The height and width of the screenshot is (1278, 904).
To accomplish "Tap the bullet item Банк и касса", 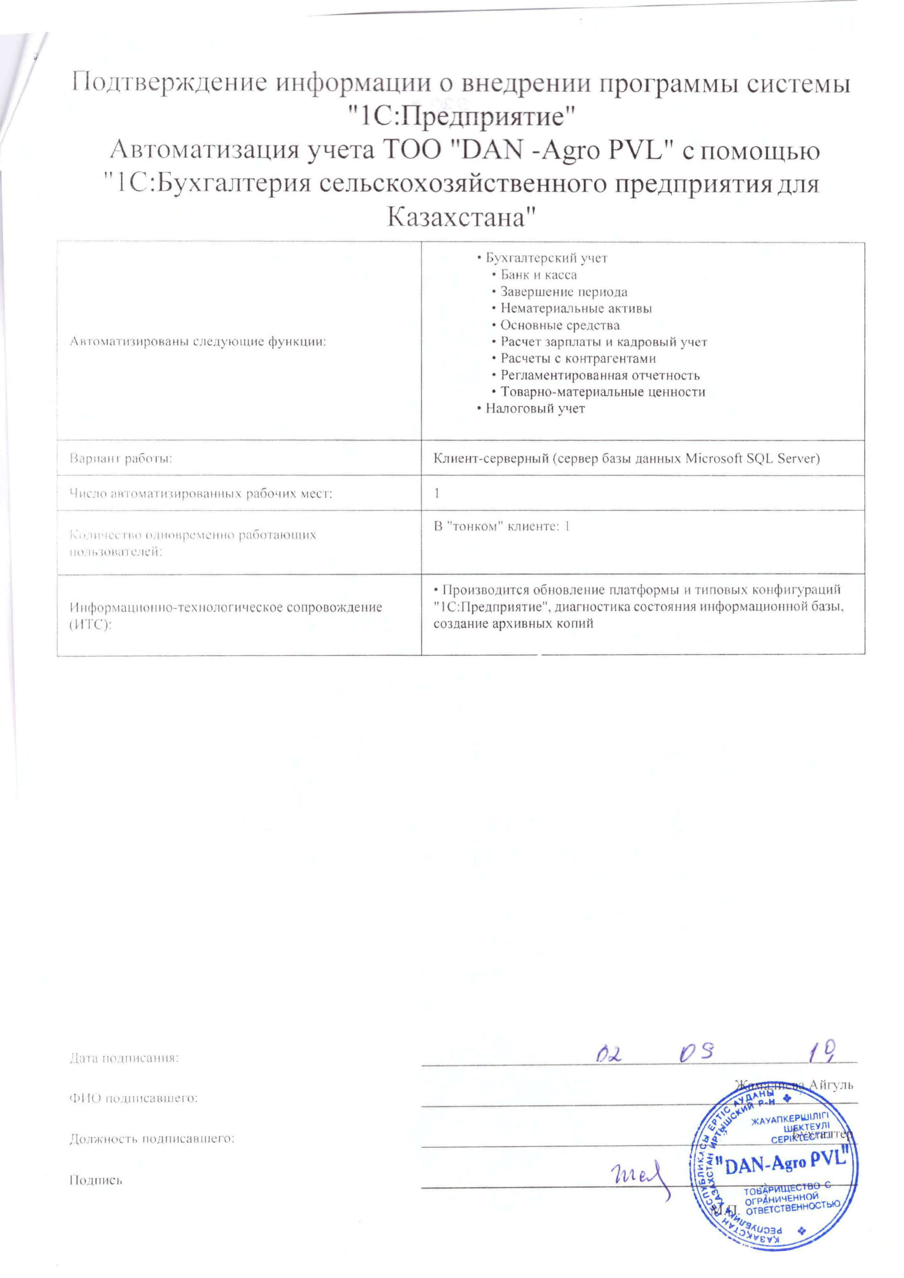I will tap(538, 275).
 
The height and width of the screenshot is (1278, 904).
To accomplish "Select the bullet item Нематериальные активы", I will tap(576, 308).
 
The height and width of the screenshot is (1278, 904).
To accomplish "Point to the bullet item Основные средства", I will tap(560, 325).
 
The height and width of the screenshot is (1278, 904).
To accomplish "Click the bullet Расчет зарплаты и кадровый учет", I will tap(603, 342).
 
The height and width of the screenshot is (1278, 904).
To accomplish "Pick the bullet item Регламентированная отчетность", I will tap(599, 375).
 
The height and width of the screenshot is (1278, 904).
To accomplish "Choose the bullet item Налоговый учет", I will tap(534, 409).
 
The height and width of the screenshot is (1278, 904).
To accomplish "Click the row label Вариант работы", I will tap(121, 459).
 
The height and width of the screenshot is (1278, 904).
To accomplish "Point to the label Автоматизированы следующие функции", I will tap(197, 342).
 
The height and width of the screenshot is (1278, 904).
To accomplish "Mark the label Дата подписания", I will tap(124, 1058).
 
